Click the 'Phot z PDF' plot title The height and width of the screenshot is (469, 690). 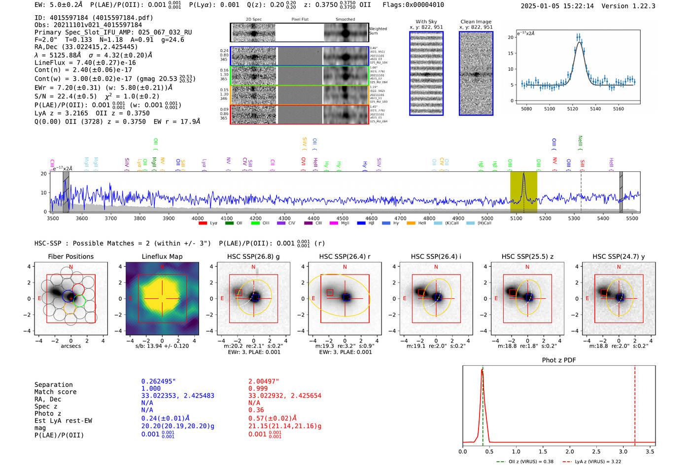coord(558,360)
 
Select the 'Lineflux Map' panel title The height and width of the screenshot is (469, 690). coord(162,256)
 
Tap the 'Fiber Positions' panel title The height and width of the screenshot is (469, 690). coord(70,256)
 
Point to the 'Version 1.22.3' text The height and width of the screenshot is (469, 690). coord(629,6)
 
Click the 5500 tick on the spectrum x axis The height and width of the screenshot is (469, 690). coord(632,219)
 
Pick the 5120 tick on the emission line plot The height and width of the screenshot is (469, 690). coord(572,109)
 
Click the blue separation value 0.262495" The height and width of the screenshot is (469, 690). coord(158,381)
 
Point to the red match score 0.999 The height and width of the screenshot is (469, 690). coord(258,388)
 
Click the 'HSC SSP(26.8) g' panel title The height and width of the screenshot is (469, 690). coord(253,256)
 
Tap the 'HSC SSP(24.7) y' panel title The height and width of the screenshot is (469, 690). coord(619,256)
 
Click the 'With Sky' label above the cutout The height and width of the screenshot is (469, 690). coord(426,22)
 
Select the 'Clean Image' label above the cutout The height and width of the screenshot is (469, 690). coord(476,22)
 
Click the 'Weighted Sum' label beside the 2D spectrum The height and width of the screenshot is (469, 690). coord(378,31)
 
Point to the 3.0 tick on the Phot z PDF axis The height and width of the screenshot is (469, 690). coord(623,451)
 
